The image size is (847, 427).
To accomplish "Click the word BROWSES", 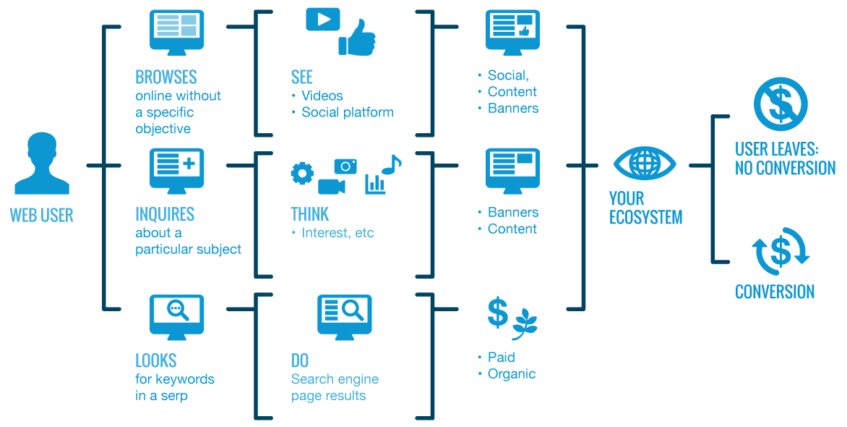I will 166,77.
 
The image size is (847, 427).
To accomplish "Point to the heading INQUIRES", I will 165,214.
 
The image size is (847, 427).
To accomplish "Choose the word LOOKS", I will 156,360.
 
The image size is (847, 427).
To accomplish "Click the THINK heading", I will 310,214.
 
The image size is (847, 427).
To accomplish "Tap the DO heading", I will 300,360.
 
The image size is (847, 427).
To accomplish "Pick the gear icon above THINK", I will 302,173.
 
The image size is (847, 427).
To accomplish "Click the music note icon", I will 391,164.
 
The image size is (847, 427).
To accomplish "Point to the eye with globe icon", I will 645,164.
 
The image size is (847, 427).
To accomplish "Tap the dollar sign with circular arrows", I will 781,252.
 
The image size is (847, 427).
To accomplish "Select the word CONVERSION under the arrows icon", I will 775,292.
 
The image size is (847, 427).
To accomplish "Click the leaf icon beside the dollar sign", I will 525,324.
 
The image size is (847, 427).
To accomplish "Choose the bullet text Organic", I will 512,374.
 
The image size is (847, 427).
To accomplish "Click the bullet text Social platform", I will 348,112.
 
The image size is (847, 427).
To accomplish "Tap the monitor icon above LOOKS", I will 176,316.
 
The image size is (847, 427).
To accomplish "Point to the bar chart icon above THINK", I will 375,183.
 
